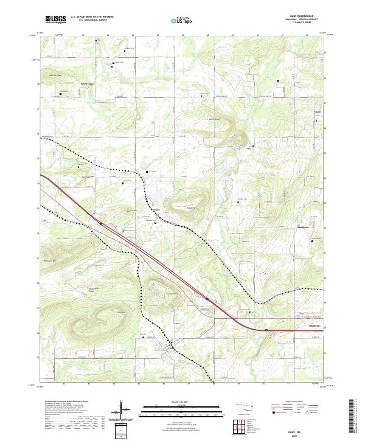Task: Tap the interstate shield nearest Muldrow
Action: [x=266, y=330]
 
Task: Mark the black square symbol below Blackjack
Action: [x=312, y=240]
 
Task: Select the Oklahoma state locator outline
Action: [x=243, y=406]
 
